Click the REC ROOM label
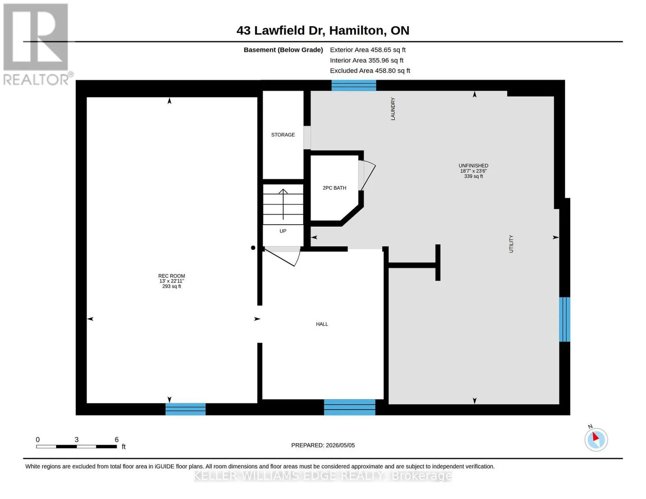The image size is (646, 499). pos(171,276)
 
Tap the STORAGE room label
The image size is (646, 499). pos(283,135)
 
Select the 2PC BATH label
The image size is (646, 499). pos(334,188)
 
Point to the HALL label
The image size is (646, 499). pos(322,324)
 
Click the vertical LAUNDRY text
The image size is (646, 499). pos(393,109)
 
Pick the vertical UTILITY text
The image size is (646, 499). pos(511,244)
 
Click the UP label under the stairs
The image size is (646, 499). pos(283,231)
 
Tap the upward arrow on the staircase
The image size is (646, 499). pos(283,204)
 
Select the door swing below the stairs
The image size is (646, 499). pos(282,257)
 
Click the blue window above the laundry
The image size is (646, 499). pos(354,85)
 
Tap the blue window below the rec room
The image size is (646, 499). pos(185,409)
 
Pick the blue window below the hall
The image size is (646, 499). pos(349,407)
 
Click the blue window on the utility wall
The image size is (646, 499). pos(564,319)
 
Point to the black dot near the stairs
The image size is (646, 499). pos(253,247)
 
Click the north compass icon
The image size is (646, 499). pos(596,439)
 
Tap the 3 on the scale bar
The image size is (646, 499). pos(77,440)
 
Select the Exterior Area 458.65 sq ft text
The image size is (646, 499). pos(367,50)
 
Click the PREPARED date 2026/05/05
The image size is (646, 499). pos(340,445)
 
